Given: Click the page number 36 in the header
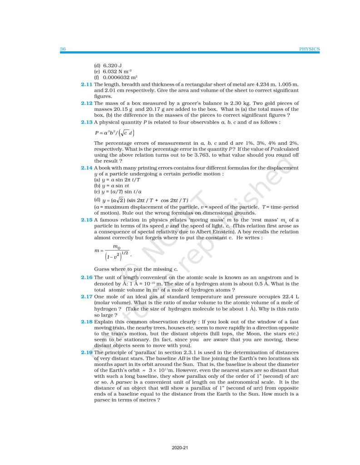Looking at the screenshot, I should [63, 49].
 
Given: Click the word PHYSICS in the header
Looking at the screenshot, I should [310, 49].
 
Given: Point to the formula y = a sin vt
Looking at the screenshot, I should [111, 186].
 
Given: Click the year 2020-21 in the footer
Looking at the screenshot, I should [180, 448].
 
